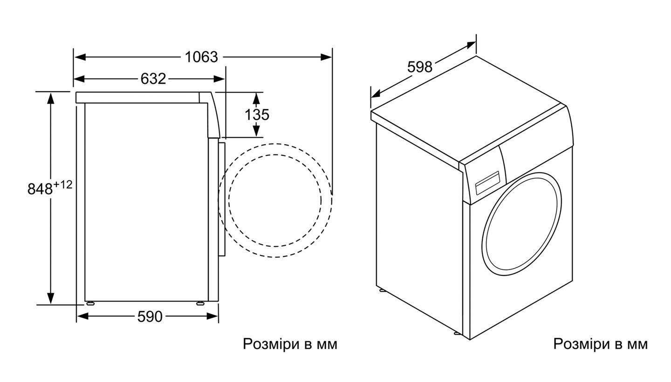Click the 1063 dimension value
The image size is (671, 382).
point(201,57)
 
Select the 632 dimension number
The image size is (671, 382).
point(153,79)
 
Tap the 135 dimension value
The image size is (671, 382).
point(257,114)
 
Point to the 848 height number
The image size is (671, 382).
point(40,189)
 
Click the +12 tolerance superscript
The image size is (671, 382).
point(63,185)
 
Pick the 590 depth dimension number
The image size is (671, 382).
point(150,316)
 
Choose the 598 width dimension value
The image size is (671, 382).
point(420,67)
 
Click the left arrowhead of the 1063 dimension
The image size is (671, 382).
point(80,57)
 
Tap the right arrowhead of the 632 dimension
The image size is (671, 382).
point(219,79)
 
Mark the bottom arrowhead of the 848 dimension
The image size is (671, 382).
point(51,298)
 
